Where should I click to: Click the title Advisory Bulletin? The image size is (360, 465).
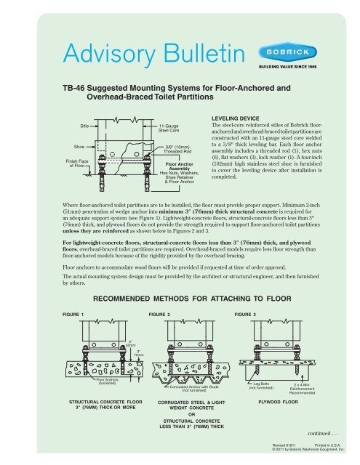click(142, 54)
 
